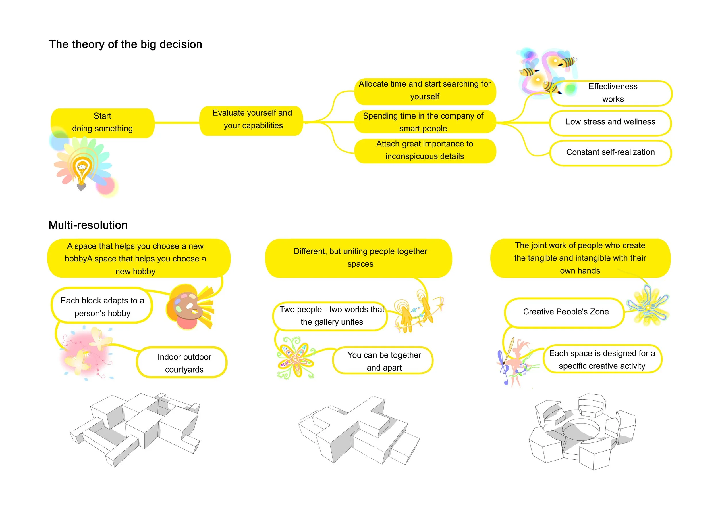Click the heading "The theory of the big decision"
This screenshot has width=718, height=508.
(126, 45)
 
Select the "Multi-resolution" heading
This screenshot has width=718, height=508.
(88, 225)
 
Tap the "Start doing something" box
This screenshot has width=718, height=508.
(102, 123)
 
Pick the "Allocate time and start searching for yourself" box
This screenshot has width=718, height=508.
(424, 91)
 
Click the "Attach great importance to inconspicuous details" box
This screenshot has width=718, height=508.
(424, 150)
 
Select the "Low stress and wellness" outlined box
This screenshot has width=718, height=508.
(610, 122)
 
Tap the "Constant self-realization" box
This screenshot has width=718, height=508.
(610, 152)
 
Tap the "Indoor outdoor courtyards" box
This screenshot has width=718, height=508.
(184, 363)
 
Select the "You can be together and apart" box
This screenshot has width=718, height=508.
(384, 361)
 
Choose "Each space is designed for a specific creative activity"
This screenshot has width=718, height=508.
(602, 359)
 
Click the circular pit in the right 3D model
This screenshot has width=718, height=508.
(581, 429)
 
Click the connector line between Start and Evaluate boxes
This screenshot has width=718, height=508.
(177, 123)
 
